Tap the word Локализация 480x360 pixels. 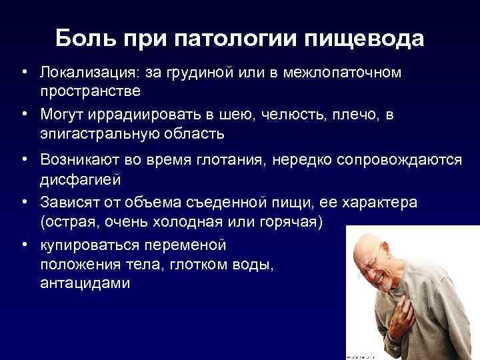83,72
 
